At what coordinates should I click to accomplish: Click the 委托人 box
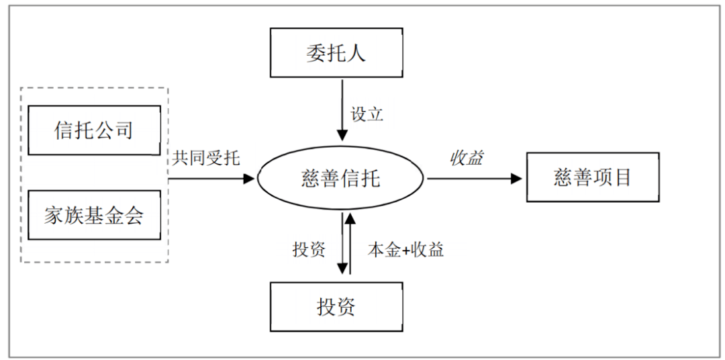[x=336, y=53]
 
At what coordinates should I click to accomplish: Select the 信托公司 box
[x=94, y=130]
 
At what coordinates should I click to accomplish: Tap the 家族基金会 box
[x=94, y=215]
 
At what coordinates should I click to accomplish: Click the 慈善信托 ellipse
[x=341, y=179]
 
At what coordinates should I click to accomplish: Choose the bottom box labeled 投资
[x=336, y=307]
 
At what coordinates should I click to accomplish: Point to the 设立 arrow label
[x=367, y=114]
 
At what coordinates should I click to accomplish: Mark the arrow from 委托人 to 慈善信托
[x=342, y=111]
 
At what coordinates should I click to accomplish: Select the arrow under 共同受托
[x=211, y=179]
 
